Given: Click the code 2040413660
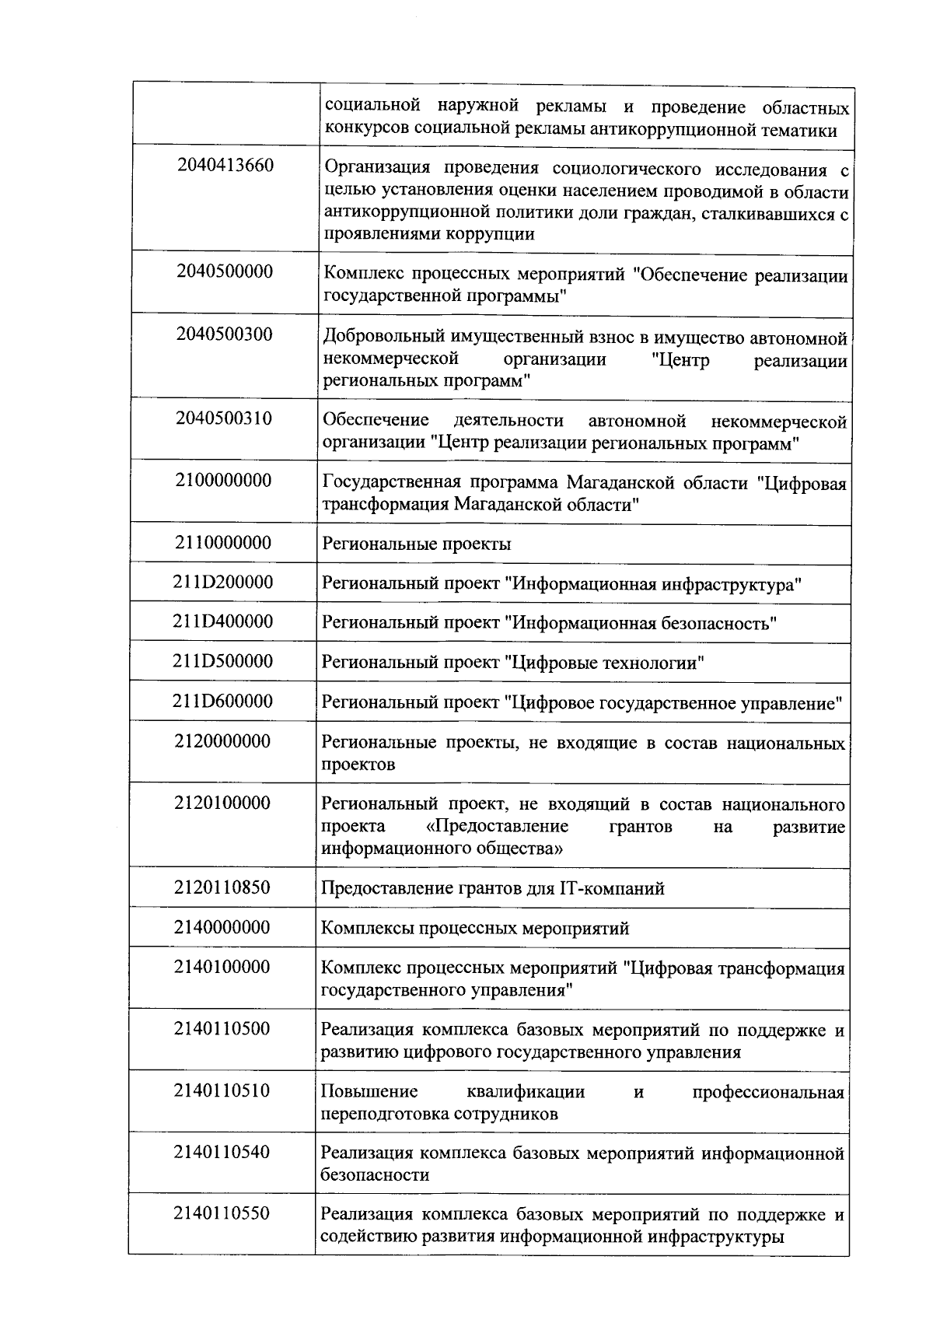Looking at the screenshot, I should click(x=225, y=165).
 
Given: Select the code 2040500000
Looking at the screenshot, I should click(x=225, y=271).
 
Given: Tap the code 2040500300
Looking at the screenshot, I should click(x=225, y=334).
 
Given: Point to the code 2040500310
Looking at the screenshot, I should click(x=225, y=418).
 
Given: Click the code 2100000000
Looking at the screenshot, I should click(x=224, y=480).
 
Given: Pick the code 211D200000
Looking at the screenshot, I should click(x=223, y=582).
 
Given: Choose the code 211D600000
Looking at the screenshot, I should click(x=223, y=701).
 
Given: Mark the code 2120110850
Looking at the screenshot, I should click(x=223, y=887).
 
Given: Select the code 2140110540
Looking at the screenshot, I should click(x=222, y=1151).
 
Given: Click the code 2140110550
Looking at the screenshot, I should click(x=222, y=1213).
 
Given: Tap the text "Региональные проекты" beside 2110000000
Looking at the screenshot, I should click(x=416, y=544).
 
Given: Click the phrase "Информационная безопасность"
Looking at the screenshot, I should click(x=641, y=624).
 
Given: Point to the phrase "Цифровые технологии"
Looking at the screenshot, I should click(x=606, y=663).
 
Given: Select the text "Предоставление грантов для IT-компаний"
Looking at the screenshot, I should click(x=493, y=888).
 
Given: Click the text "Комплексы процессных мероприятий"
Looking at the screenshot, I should click(x=475, y=929).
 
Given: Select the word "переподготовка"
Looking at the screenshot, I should click(x=379, y=1114).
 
